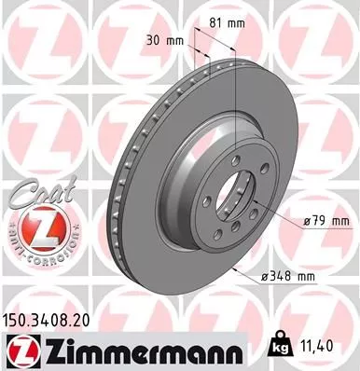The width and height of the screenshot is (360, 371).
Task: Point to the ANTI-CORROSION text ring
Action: point(31,254)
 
